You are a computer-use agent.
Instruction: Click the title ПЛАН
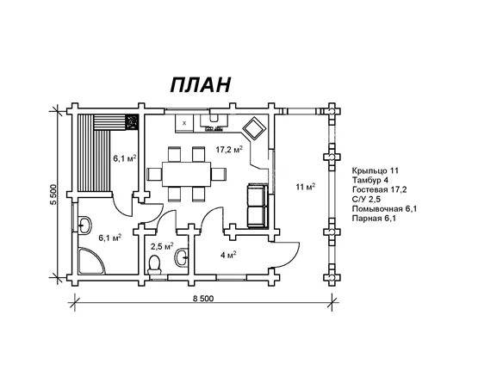(x=201, y=85)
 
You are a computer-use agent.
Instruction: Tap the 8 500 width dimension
(x=203, y=299)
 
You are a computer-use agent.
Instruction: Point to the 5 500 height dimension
(x=53, y=194)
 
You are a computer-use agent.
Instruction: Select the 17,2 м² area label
(x=229, y=150)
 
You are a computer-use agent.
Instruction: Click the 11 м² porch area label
(x=306, y=187)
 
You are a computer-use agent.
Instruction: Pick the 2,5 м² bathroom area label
(x=162, y=246)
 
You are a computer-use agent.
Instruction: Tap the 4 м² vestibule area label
(x=228, y=255)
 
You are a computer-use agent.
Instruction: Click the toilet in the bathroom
(x=155, y=265)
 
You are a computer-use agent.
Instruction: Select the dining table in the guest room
(x=186, y=175)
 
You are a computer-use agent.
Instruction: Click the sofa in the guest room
(x=257, y=206)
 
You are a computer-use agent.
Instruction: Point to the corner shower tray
(x=90, y=261)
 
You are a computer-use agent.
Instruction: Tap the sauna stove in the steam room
(x=132, y=122)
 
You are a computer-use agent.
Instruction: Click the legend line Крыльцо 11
(x=375, y=170)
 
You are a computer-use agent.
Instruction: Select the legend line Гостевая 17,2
(x=379, y=189)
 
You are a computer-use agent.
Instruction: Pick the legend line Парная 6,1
(x=374, y=219)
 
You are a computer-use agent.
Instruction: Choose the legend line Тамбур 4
(x=369, y=180)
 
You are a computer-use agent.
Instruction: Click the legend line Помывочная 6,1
(x=384, y=209)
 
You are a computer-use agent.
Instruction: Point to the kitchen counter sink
(x=214, y=118)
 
